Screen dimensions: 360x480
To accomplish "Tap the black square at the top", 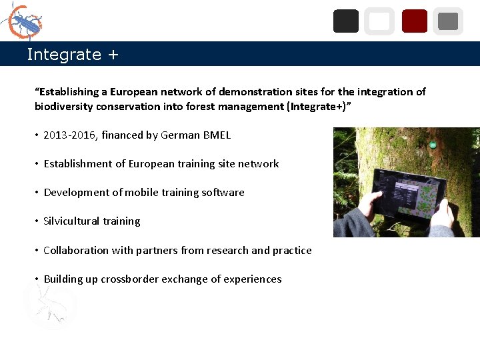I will tap(345, 21).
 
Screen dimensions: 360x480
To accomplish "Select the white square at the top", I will tap(379, 21).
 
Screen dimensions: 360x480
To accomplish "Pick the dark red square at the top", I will tap(414, 21).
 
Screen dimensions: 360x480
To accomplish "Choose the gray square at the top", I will tap(448, 21).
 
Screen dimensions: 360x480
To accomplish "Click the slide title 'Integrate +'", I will tap(72, 55).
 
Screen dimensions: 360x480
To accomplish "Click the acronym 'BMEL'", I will tap(215, 135).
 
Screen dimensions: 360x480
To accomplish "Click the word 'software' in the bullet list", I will tap(223, 193).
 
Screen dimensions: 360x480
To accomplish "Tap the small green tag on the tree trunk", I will tap(433, 145).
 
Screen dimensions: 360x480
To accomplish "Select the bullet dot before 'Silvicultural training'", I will tap(37, 221).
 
